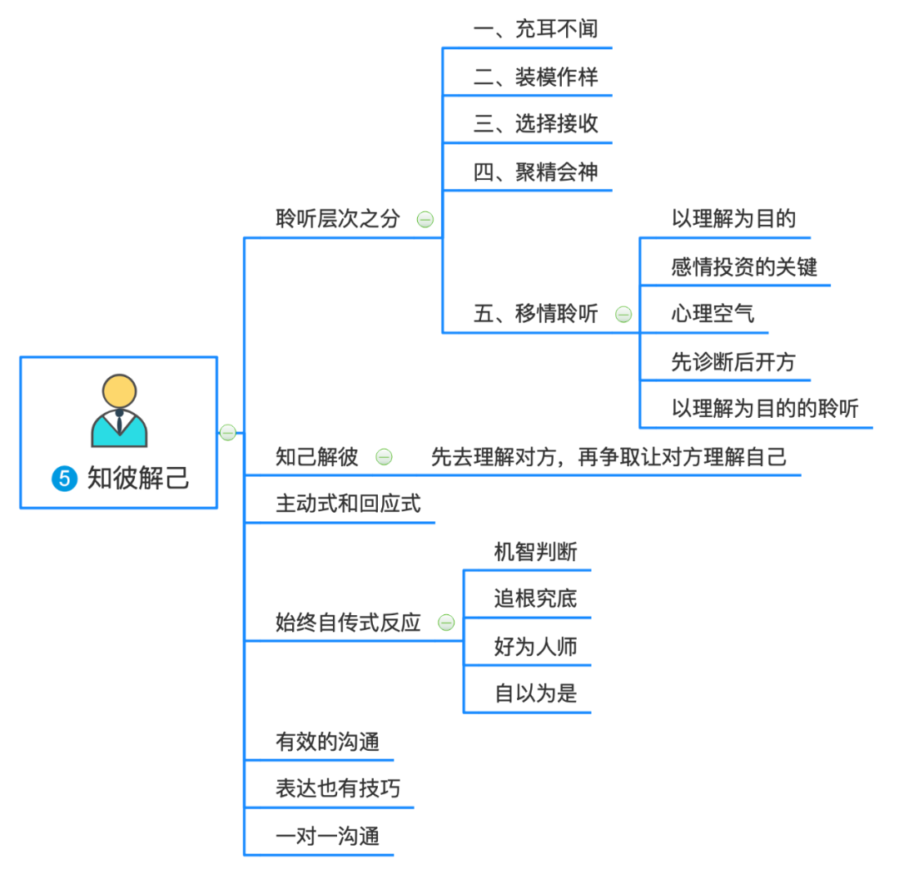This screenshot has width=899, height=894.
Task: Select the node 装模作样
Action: point(535,78)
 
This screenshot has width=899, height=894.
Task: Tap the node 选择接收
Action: point(535,125)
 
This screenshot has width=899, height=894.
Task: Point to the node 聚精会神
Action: point(535,173)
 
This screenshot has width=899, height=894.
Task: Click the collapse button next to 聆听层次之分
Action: point(425,220)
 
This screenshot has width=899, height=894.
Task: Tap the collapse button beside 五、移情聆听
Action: point(623,315)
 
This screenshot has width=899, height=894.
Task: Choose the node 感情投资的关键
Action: point(743,267)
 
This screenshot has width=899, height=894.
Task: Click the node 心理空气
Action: point(713,315)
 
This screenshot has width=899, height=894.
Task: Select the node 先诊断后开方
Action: point(733,362)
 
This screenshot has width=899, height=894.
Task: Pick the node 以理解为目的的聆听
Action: point(765,409)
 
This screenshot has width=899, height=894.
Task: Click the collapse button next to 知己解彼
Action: point(384,456)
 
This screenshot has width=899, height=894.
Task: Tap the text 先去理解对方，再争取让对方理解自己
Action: point(608,456)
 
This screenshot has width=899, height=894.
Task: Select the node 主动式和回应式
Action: point(348,504)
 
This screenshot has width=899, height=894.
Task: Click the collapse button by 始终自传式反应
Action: point(446,623)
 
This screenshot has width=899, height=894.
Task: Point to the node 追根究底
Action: point(535,598)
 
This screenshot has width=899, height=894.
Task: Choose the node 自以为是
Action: point(535,693)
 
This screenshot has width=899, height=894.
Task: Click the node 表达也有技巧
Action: point(337,788)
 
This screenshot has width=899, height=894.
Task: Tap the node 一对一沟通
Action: point(327,836)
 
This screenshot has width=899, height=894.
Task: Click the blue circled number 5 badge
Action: point(64,479)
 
